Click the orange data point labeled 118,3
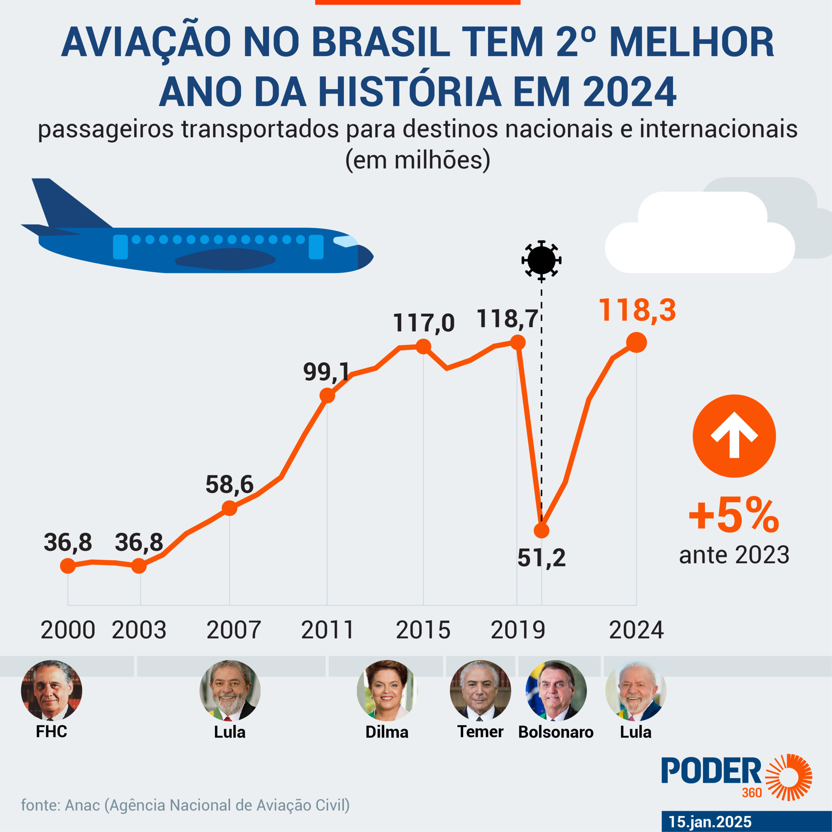(636, 342)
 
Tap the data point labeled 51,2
(541, 530)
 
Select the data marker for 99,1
(327, 395)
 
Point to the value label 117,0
(423, 323)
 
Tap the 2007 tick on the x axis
(233, 630)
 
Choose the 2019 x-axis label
(518, 630)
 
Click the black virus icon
(541, 260)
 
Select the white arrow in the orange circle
(734, 435)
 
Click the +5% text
(734, 515)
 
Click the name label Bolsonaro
(555, 732)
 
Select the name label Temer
(480, 732)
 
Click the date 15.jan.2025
(710, 822)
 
